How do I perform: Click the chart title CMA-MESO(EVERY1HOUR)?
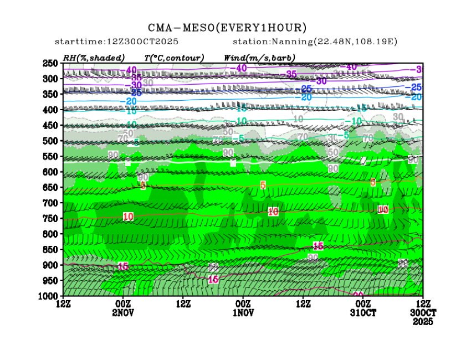point(227,28)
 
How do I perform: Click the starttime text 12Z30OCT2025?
point(140,42)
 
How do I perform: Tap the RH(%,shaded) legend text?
point(94,58)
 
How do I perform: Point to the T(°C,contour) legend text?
point(174,58)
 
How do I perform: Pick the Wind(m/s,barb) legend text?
point(259,58)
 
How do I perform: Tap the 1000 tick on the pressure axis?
point(49,296)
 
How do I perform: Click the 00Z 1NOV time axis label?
point(243,308)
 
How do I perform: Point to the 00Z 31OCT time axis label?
point(363,308)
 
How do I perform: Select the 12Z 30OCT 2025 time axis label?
point(423,312)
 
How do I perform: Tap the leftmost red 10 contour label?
point(128,217)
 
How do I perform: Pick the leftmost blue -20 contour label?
point(130,101)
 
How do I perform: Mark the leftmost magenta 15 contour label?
point(123,266)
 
